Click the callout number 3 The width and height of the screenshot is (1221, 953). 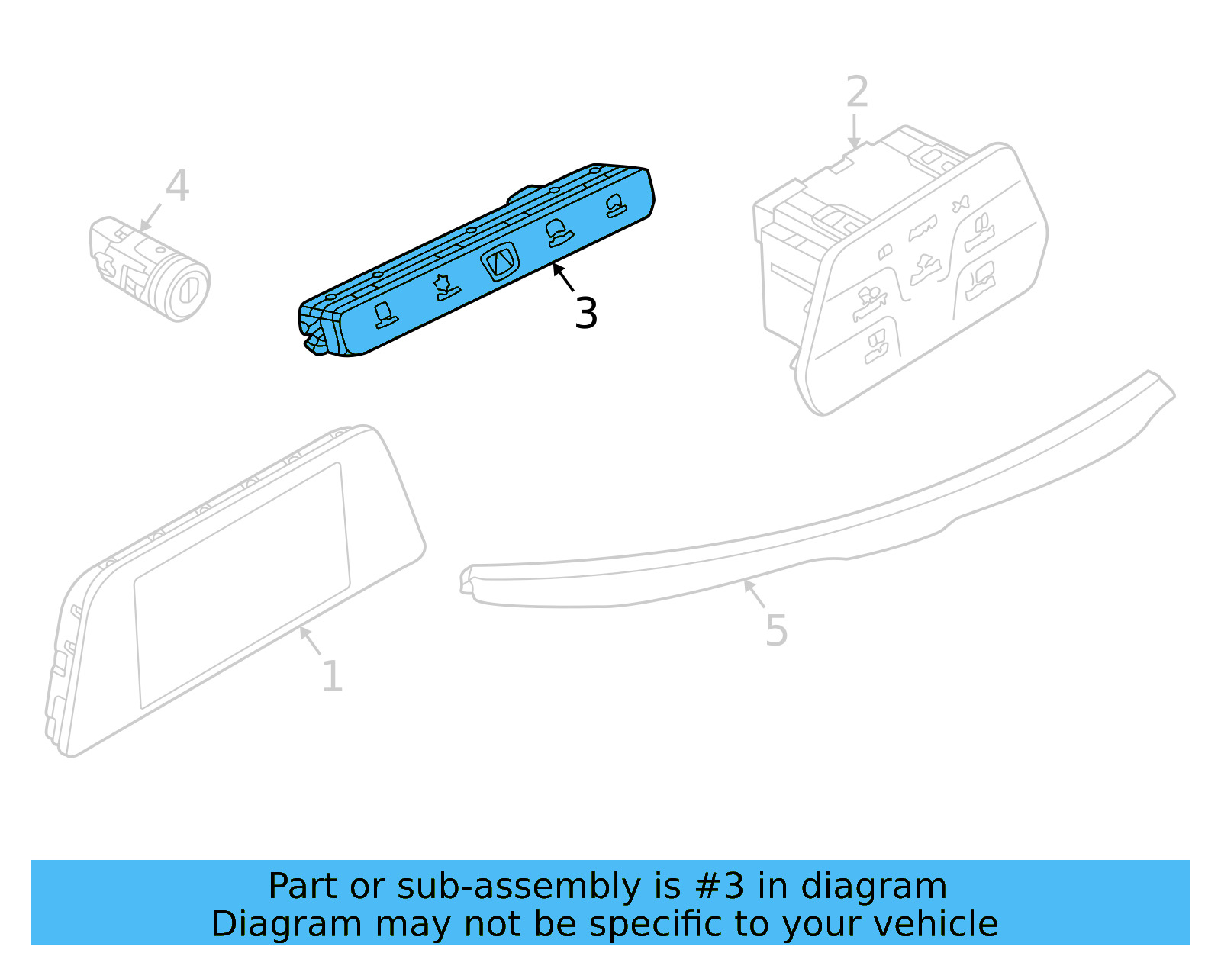click(586, 314)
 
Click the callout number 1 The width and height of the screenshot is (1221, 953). click(332, 676)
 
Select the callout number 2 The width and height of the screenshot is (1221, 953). click(857, 92)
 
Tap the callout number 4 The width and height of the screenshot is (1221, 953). click(177, 186)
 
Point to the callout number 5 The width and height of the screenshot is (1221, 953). click(776, 631)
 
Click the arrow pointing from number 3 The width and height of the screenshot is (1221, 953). click(563, 276)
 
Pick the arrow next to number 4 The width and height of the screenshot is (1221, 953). click(150, 217)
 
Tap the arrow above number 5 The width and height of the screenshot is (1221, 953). click(754, 593)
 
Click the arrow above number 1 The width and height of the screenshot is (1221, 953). click(309, 639)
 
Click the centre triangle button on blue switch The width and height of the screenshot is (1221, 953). click(500, 262)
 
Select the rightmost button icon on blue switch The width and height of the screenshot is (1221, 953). click(617, 205)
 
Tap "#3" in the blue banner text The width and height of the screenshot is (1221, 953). click(719, 887)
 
